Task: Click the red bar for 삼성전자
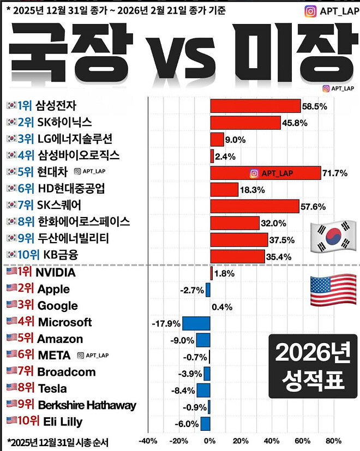coord(255,106)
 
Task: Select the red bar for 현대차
coord(266,173)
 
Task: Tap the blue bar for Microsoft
coord(196,323)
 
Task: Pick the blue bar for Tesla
coord(203,390)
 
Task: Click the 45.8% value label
coord(296,123)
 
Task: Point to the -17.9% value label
coord(166,324)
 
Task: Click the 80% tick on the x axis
coord(333,441)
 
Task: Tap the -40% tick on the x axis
coord(148,441)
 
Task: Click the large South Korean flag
coord(332,237)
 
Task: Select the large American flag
coord(332,290)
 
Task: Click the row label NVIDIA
coord(55,273)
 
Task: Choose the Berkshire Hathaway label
coord(87,405)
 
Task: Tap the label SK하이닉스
coord(64,122)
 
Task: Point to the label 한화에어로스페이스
coord(83,222)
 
